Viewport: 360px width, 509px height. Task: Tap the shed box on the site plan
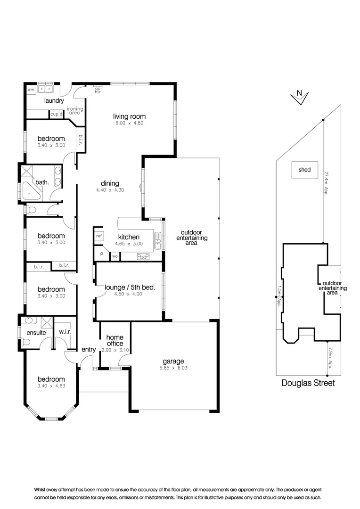[304, 170]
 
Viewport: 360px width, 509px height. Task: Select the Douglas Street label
[308, 383]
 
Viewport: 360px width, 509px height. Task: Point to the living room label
[129, 116]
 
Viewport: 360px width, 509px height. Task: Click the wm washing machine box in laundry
[31, 89]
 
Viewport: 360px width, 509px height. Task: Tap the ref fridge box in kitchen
[99, 236]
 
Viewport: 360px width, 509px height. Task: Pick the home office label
[115, 340]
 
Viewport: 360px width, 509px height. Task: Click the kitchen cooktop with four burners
[143, 256]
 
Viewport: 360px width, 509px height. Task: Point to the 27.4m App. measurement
[325, 183]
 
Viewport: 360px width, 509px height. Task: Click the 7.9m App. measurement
[330, 360]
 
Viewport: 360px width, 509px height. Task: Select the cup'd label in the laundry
[56, 114]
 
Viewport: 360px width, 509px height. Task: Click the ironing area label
[75, 111]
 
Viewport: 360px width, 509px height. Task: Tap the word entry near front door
[89, 350]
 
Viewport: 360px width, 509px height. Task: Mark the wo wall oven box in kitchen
[115, 256]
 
